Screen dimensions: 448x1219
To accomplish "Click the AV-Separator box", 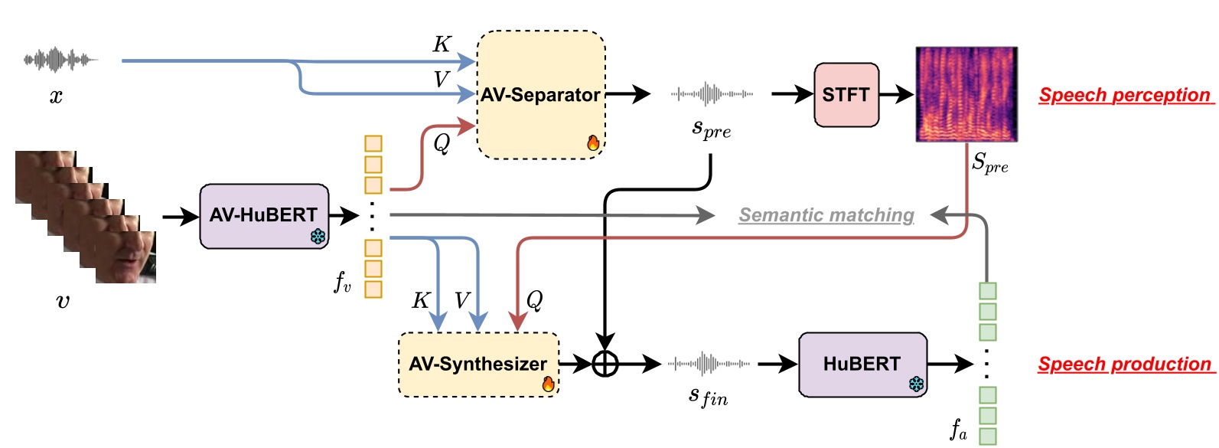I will tap(540, 95).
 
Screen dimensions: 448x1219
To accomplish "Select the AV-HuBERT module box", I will tap(263, 215).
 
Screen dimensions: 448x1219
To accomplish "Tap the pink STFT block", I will tap(846, 95).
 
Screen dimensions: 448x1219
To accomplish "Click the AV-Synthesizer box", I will tap(477, 364).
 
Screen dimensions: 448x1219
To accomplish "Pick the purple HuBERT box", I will tap(862, 364).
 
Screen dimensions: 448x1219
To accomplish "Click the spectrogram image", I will tap(966, 94).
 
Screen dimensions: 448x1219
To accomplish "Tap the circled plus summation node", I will tap(605, 364).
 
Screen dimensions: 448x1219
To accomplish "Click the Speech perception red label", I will tap(1124, 95).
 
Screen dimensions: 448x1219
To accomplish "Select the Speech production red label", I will tap(1124, 364).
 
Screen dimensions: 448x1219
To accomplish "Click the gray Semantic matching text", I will tap(826, 215).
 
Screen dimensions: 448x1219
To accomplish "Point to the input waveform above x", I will tap(60, 59).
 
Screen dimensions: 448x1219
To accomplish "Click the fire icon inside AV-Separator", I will tap(593, 142).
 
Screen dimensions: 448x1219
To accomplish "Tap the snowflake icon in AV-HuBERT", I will tap(318, 237).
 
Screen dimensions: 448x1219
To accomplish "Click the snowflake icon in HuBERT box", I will tap(916, 384).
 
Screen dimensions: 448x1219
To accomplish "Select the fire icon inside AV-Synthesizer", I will tap(548, 384).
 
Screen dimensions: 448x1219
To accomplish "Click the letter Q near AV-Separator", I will tap(442, 143).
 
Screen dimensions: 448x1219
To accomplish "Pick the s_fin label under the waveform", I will tap(708, 396).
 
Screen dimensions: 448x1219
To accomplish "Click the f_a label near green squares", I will tap(959, 429).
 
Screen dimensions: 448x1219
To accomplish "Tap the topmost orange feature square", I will tap(373, 143).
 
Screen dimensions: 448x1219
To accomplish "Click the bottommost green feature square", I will tap(988, 437).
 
